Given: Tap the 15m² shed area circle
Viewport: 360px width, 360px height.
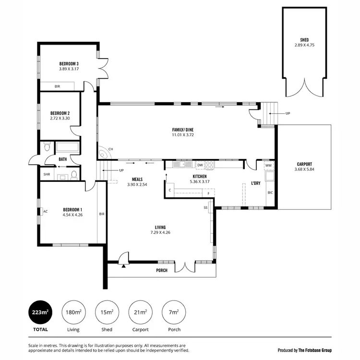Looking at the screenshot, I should coord(107,312).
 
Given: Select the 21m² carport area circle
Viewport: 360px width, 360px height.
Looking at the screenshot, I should coord(141,312).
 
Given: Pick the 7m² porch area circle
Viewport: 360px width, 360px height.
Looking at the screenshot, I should coord(174,312).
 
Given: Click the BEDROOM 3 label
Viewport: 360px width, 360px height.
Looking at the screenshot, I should coord(69,63).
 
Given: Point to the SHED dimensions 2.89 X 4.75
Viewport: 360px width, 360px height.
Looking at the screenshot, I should coord(304,46).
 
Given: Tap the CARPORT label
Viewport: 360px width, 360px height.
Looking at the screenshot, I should coord(304,163).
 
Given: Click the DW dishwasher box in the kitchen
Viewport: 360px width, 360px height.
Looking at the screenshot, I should coord(200,165).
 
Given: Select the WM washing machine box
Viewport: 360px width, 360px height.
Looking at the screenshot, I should coord(268,165).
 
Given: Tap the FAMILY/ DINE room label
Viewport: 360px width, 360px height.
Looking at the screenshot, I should coord(183,130).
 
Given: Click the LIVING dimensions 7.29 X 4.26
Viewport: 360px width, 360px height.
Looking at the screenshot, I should coord(160,233).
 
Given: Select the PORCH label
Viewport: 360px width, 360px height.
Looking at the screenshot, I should coord(162,270).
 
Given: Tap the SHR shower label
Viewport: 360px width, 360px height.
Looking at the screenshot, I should coord(47,174).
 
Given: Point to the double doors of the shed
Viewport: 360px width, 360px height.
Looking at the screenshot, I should coord(304,89).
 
